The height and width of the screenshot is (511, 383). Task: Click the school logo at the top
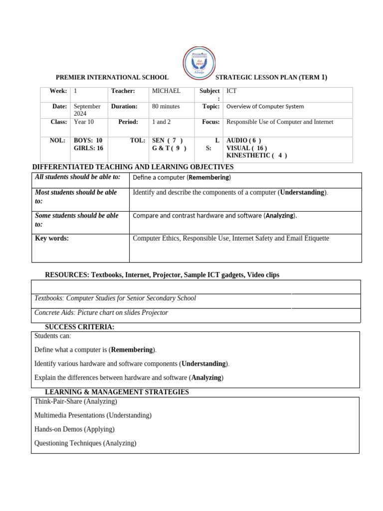click(x=199, y=64)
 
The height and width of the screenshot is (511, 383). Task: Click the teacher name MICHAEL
click(x=166, y=91)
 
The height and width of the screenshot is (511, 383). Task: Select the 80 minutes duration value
click(x=166, y=106)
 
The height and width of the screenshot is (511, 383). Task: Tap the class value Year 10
click(x=84, y=122)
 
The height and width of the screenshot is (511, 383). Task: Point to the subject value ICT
click(x=232, y=91)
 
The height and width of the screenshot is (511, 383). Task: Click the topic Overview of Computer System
click(x=265, y=106)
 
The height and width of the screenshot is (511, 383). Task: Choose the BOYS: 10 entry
click(x=88, y=141)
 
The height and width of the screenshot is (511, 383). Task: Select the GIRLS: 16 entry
click(x=88, y=148)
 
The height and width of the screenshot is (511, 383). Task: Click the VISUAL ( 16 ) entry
click(x=246, y=148)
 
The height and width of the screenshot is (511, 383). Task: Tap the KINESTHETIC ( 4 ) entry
click(x=256, y=155)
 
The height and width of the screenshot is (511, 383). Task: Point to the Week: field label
click(x=58, y=91)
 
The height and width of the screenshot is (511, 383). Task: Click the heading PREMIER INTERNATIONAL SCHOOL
click(x=112, y=78)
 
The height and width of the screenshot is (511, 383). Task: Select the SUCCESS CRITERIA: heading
click(x=80, y=327)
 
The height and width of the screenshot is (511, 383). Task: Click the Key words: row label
click(x=52, y=239)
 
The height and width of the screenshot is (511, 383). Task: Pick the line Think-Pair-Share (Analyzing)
click(x=76, y=401)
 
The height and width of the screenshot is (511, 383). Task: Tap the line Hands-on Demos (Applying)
click(x=74, y=429)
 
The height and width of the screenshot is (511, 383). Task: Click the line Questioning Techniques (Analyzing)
click(x=85, y=443)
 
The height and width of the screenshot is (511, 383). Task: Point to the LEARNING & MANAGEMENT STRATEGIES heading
click(x=117, y=392)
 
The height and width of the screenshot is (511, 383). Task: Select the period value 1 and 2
click(x=162, y=122)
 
